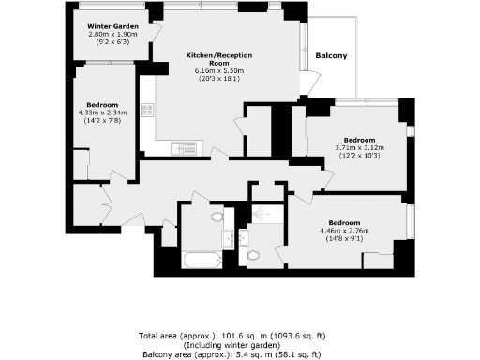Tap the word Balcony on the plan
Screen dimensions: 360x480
pyautogui.click(x=331, y=56)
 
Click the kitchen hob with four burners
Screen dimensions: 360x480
pyautogui.click(x=146, y=111)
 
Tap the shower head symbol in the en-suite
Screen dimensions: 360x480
pyautogui.click(x=263, y=215)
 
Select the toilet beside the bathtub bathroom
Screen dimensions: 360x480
pyautogui.click(x=217, y=217)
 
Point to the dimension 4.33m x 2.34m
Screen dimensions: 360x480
pyautogui.click(x=102, y=112)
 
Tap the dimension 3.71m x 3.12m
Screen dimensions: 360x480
pyautogui.click(x=359, y=146)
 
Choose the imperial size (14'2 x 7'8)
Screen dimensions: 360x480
pyautogui.click(x=102, y=120)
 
